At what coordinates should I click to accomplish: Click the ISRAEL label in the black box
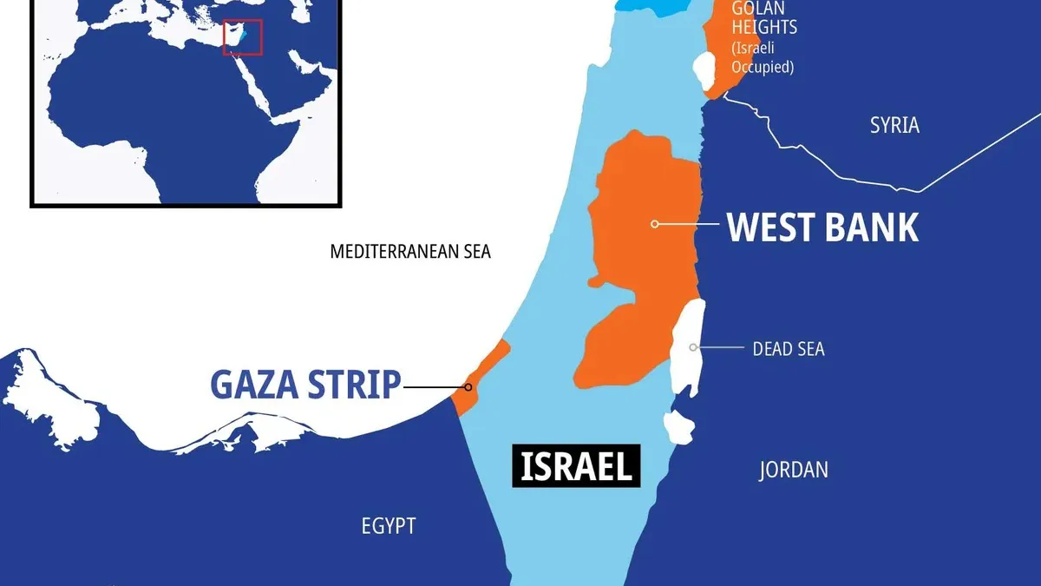point(576,466)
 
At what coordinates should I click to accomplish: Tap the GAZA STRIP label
point(305,385)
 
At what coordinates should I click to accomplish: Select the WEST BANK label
point(822,226)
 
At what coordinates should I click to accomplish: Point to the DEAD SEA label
point(789,349)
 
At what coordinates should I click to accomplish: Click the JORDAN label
point(793,470)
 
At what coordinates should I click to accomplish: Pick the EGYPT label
point(389,525)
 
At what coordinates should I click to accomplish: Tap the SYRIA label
point(894,125)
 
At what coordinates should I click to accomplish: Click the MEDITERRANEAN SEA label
point(410,252)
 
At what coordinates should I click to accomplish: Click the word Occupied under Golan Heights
point(762,66)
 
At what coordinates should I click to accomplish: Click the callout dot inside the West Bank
point(655,224)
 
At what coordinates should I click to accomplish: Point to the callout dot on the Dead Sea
point(693,347)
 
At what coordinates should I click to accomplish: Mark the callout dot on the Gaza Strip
point(468,386)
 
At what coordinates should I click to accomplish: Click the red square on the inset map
point(242,36)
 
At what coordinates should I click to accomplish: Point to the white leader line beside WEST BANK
point(689,224)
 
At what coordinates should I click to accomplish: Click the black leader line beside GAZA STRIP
point(434,386)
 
